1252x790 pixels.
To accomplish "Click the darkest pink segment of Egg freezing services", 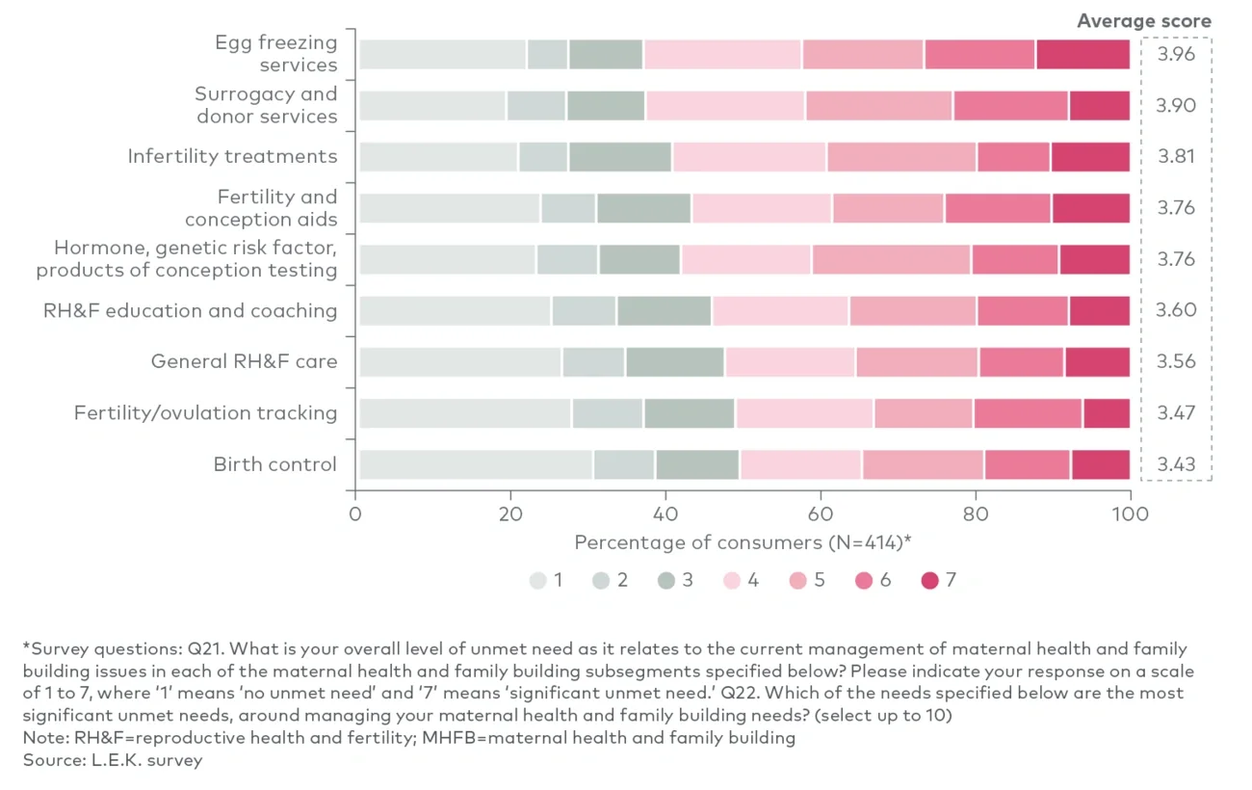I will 1082,55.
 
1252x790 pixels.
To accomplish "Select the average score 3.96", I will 1175,54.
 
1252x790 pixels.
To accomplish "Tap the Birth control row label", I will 275,464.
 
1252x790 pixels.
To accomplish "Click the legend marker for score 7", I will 929,581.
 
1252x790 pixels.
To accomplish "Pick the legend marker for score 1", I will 538,581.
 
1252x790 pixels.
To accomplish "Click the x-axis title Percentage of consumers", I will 743,542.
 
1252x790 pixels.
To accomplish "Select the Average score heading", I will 1143,21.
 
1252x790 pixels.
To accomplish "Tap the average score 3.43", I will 1175,464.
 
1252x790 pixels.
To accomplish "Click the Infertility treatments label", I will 232,156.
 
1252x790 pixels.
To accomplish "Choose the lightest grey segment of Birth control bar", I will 476,464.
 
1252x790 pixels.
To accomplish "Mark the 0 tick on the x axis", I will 355,513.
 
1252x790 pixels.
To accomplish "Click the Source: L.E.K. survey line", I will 113,760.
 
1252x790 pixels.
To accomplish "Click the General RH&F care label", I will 244,362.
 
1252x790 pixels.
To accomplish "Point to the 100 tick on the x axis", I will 1129,513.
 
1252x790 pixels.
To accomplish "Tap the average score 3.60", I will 1175,310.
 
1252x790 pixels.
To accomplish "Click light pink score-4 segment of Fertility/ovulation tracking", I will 804,413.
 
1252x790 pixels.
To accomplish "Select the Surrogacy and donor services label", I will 266,105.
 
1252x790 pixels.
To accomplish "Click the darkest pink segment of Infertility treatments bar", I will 1090,157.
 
